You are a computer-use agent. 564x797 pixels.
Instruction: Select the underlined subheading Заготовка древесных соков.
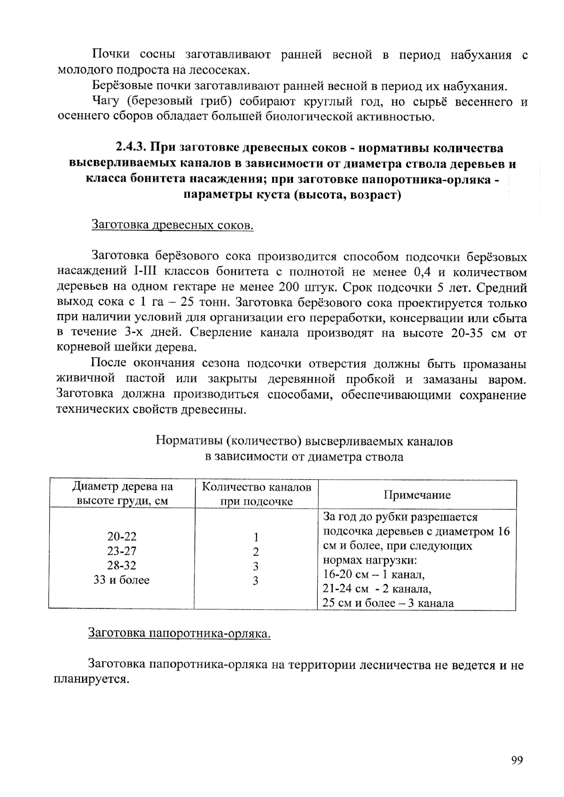pos(172,225)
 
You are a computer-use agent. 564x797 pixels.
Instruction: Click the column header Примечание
pos(417,495)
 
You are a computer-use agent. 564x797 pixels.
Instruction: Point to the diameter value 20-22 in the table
pos(122,536)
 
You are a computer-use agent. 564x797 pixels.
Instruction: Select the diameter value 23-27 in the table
pos(122,551)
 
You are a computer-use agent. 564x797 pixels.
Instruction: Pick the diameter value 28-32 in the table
pos(122,566)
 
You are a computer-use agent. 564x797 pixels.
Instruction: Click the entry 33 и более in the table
pos(122,580)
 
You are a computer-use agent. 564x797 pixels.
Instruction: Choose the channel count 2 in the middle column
pos(256,552)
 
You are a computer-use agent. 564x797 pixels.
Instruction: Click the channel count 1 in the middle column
pos(256,537)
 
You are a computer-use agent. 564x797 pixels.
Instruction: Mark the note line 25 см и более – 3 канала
pos(388,603)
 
